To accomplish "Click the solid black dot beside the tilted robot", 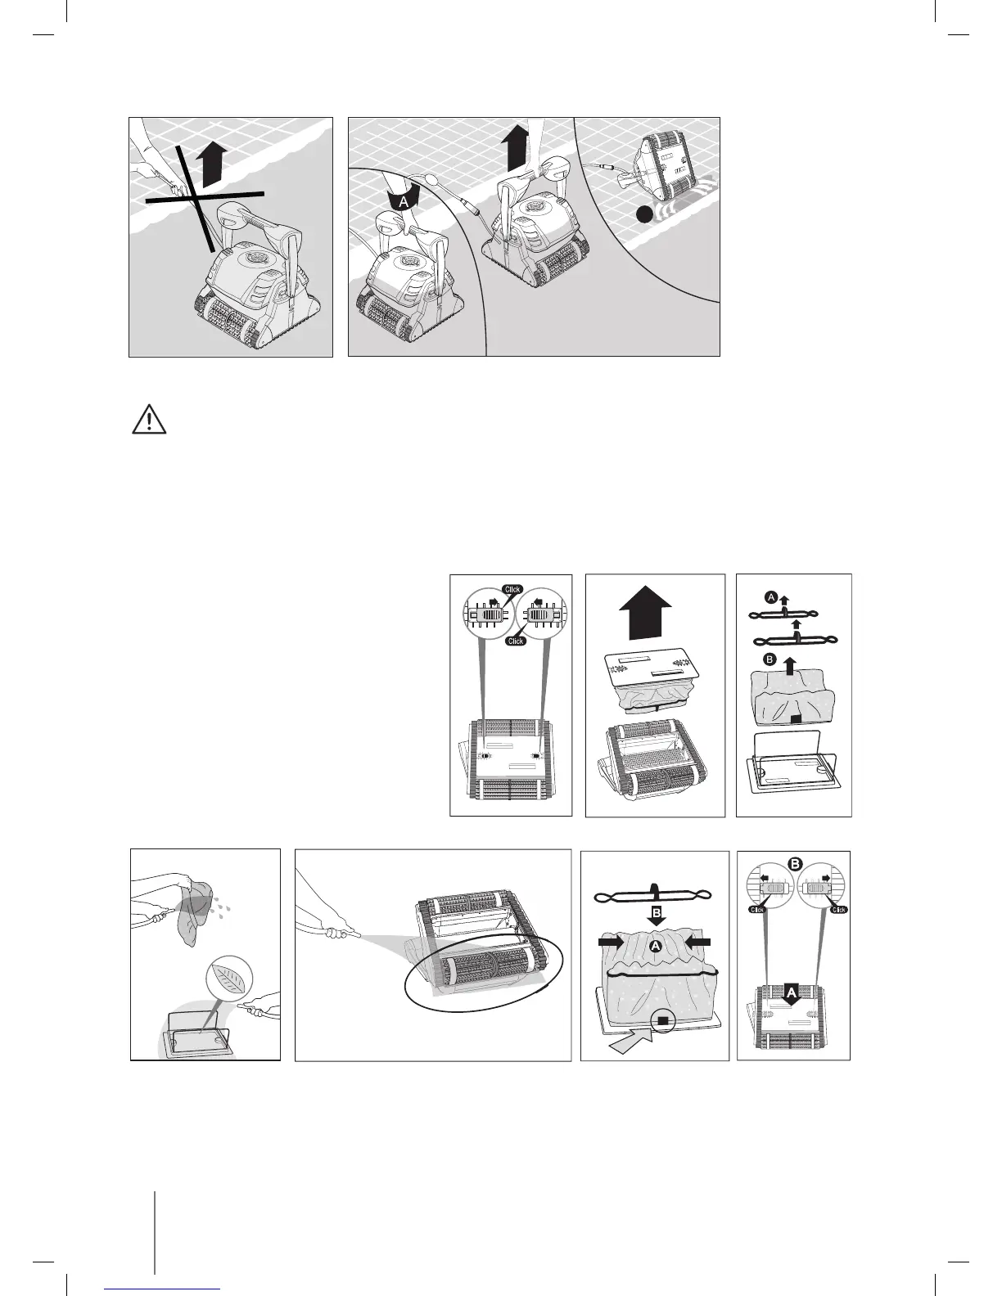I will (645, 215).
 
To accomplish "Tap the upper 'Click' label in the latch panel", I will (512, 589).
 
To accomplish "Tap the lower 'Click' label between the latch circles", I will (515, 641).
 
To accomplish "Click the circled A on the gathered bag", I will (655, 945).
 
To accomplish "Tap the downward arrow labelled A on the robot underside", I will (792, 992).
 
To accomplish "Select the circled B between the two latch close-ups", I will (793, 862).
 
